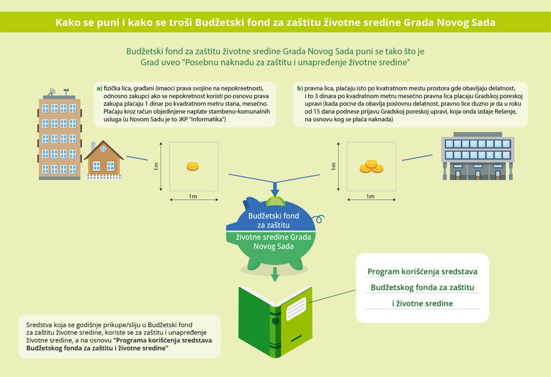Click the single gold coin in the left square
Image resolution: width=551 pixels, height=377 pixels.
pos(193,166)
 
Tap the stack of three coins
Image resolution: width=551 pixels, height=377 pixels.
pos(371,167)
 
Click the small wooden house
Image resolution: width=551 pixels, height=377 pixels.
pos(104,160)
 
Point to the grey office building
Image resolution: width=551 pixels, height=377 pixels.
pos(478,156)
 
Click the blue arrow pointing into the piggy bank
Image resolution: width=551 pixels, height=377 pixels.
pos(275,189)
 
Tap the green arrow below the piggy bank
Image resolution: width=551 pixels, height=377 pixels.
pos(275,274)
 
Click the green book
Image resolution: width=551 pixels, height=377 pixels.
pos(275,322)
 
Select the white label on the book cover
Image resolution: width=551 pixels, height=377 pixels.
pos(296,309)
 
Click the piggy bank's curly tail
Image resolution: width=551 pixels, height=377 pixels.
pos(319,219)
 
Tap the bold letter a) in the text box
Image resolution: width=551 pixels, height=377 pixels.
pos(100,88)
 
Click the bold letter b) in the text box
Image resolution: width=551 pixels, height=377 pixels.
pos(300,88)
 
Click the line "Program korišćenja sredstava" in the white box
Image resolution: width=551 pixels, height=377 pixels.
pos(422,271)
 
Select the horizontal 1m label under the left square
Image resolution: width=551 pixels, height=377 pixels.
pos(193,196)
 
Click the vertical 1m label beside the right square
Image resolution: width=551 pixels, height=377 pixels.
pos(334,166)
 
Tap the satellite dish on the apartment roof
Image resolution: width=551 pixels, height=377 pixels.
pos(52,92)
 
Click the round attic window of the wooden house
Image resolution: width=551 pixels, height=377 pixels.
pos(103,149)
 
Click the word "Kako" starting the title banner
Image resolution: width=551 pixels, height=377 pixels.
pos(67,23)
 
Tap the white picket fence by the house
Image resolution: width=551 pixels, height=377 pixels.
pos(105,177)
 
